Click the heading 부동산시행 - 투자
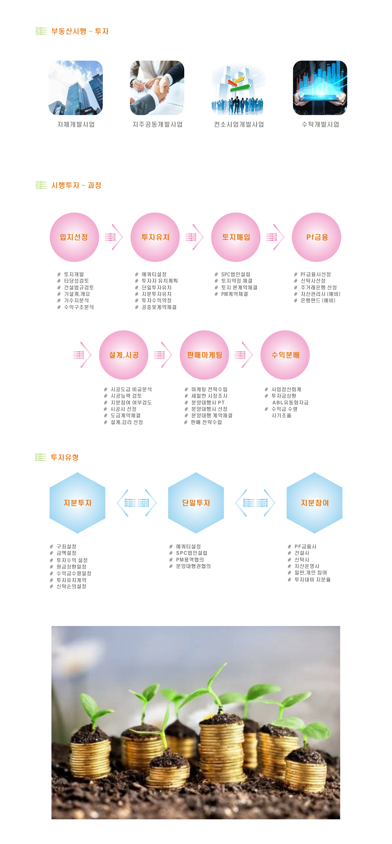80,31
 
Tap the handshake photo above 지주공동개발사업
157,88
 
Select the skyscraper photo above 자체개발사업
76,88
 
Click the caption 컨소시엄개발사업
239,125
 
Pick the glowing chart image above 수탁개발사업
320,88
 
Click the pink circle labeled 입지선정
74,237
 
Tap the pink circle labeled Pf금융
316,237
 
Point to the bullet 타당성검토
76,281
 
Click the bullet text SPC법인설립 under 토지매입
236,274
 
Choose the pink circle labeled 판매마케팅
205,355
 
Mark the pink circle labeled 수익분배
285,355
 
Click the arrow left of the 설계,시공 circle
82,355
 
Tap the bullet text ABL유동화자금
290,402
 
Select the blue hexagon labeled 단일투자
196,503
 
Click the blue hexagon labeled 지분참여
314,503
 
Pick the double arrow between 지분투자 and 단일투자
137,503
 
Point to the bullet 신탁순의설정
71,586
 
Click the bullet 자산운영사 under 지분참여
307,566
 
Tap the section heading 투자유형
65,457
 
